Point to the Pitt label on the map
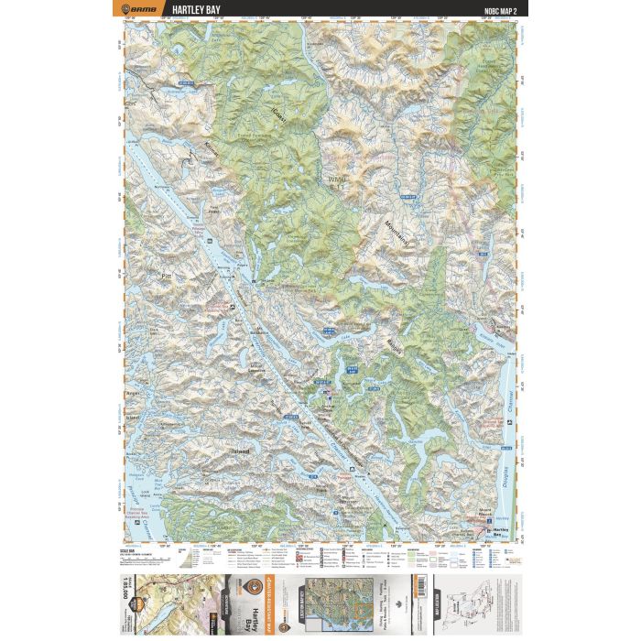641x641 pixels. [166, 274]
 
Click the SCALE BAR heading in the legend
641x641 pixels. [130, 548]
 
